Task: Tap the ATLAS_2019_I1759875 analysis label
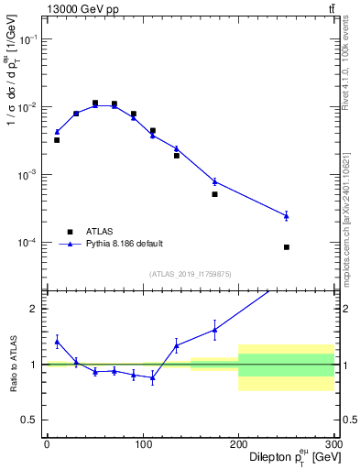pos(190,273)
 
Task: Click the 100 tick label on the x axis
pos(142,444)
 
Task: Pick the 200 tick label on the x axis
pos(238,444)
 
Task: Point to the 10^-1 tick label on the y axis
pos(28,39)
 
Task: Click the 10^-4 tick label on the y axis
pos(28,243)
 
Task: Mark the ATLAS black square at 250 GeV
pos(287,247)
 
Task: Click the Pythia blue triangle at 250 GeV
pos(287,215)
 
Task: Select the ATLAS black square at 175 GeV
pos(214,194)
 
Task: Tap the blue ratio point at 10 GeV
pos(57,342)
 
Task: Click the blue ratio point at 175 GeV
pos(214,330)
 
